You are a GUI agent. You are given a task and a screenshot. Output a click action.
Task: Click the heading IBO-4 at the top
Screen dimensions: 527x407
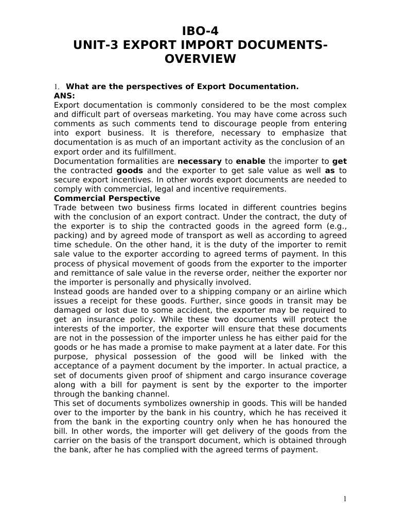[x=203, y=32]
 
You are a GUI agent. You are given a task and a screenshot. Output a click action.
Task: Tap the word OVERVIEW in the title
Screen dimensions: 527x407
[x=200, y=59]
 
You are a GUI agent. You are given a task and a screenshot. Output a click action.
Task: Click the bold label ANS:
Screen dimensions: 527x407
[x=64, y=95]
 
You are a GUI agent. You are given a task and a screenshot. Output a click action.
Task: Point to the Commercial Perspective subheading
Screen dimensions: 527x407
[x=107, y=198]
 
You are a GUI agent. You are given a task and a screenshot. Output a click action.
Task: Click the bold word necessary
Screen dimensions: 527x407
[x=199, y=161]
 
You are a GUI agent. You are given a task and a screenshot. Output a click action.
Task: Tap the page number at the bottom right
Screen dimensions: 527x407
[x=345, y=498]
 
